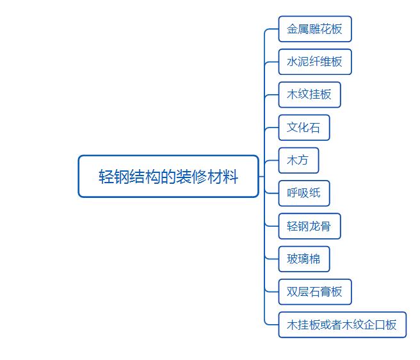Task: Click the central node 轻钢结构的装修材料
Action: coord(168,176)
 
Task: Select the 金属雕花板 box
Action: coord(314,29)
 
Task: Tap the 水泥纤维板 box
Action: coord(314,62)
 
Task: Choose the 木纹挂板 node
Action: coord(309,95)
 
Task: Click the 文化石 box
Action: coord(303,127)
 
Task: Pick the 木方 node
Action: coord(298,160)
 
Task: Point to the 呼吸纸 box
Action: coord(303,193)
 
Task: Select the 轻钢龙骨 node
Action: coord(309,226)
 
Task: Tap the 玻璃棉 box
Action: coord(303,259)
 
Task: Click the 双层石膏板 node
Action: coord(314,291)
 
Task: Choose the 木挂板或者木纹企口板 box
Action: coord(342,325)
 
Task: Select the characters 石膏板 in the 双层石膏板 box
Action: coord(326,292)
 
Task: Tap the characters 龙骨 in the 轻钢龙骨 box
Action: coord(320,226)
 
